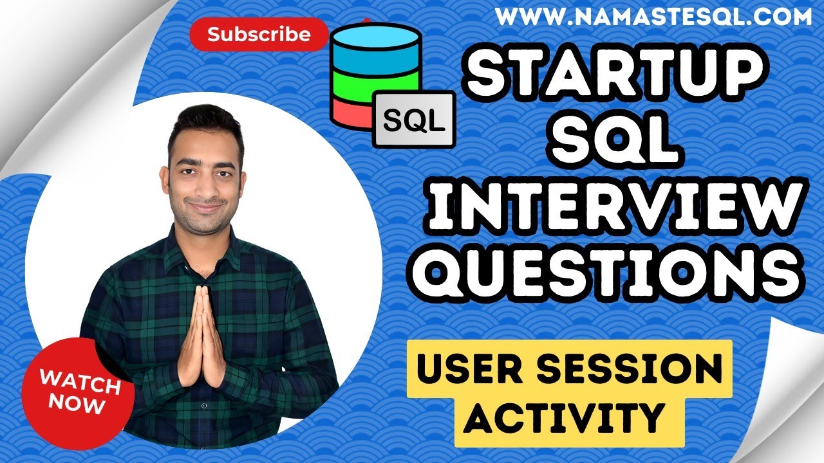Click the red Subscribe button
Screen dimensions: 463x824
click(x=259, y=34)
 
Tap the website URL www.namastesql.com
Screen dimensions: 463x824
click(x=653, y=17)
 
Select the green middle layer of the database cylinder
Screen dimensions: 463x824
click(x=360, y=84)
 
